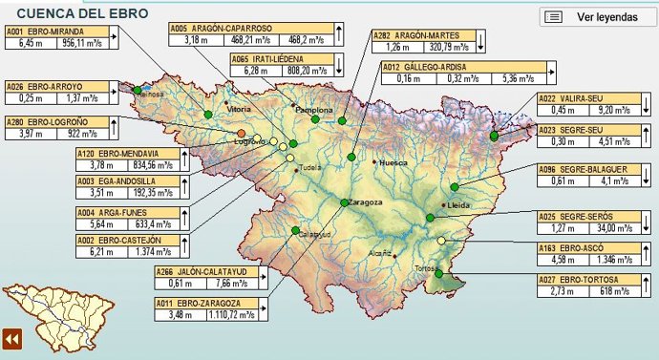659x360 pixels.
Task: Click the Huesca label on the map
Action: click(x=393, y=163)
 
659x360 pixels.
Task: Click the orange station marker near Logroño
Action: click(x=242, y=132)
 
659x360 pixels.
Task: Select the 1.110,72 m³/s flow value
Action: click(x=229, y=315)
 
